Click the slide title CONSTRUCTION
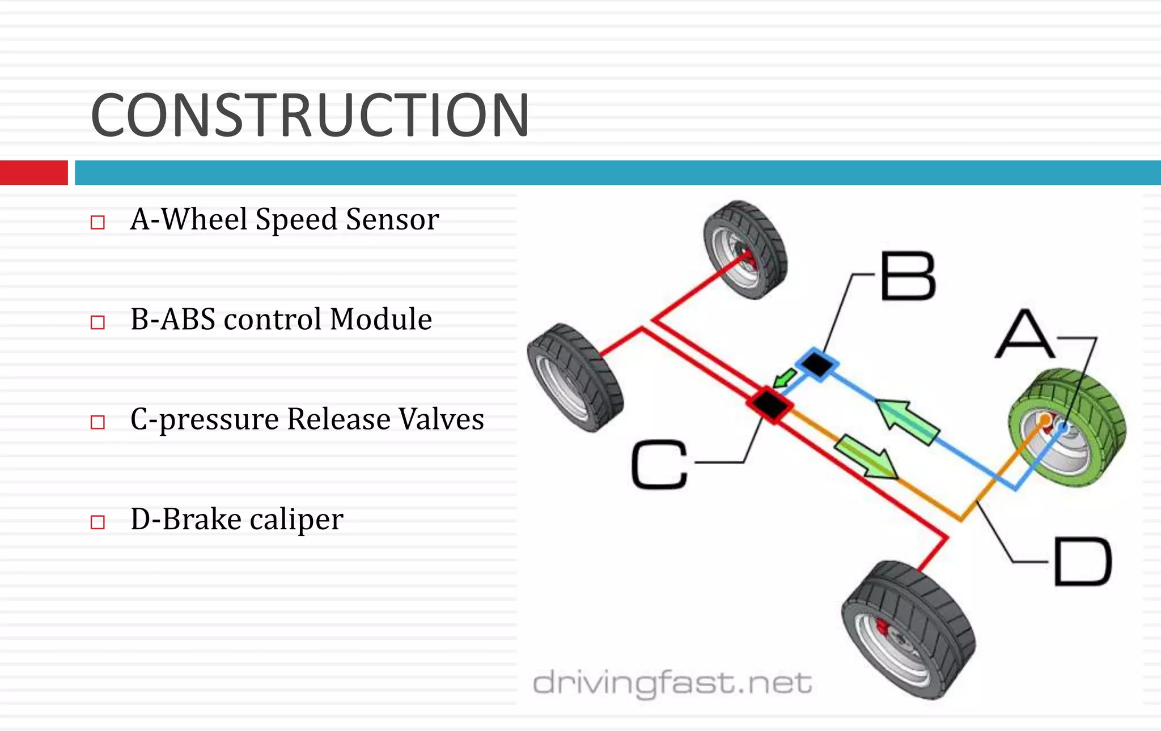point(310,116)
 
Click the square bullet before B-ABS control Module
point(98,322)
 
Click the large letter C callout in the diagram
point(659,465)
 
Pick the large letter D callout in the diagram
point(1082,562)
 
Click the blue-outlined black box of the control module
point(817,364)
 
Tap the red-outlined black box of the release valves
point(769,403)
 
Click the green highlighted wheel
point(1066,428)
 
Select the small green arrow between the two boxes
point(786,377)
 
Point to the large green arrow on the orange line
point(866,457)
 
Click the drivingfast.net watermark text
point(672,683)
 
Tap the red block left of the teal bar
point(33,173)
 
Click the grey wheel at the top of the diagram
point(745,249)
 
